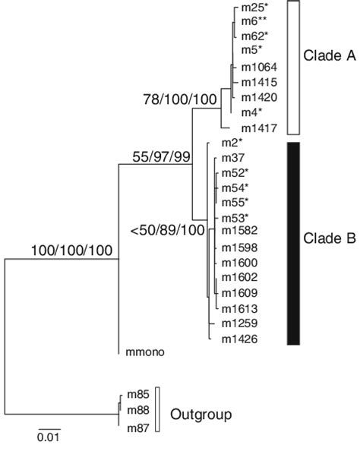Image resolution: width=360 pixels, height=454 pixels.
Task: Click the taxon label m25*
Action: tap(254, 8)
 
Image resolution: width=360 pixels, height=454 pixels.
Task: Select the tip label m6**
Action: tap(254, 22)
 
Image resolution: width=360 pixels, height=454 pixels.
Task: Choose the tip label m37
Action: tap(232, 157)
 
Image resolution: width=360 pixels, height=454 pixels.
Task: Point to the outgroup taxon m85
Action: tap(137, 393)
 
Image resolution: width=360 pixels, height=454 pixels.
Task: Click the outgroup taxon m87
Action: tap(137, 429)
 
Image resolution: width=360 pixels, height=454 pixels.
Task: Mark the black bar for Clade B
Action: tap(295, 243)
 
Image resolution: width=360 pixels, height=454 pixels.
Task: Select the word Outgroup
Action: tap(201, 415)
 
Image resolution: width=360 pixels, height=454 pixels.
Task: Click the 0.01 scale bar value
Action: tap(48, 436)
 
